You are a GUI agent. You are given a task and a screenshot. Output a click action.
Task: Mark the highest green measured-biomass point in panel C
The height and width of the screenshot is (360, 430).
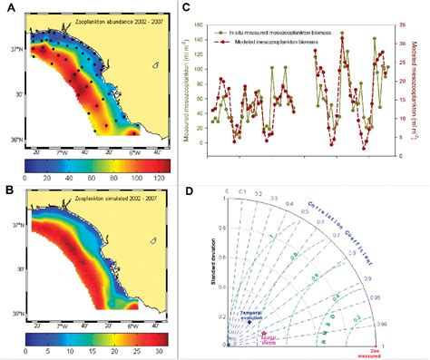pos(342,34)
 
